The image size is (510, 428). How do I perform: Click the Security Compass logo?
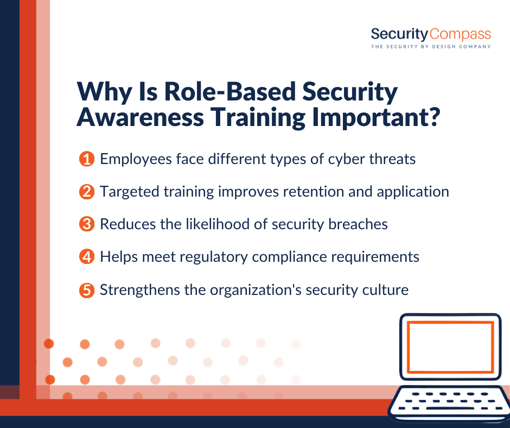pos(431,35)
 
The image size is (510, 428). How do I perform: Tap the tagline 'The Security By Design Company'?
pos(431,47)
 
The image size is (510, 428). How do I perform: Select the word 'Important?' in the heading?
pos(376,118)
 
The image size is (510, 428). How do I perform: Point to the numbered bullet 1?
pos(86,159)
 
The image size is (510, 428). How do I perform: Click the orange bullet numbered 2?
pos(86,192)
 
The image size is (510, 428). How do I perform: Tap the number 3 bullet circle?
pos(86,224)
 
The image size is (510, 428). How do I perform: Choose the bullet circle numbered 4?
pos(86,257)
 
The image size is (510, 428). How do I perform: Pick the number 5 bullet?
pos(86,290)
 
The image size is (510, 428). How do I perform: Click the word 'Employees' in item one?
pos(136,160)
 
